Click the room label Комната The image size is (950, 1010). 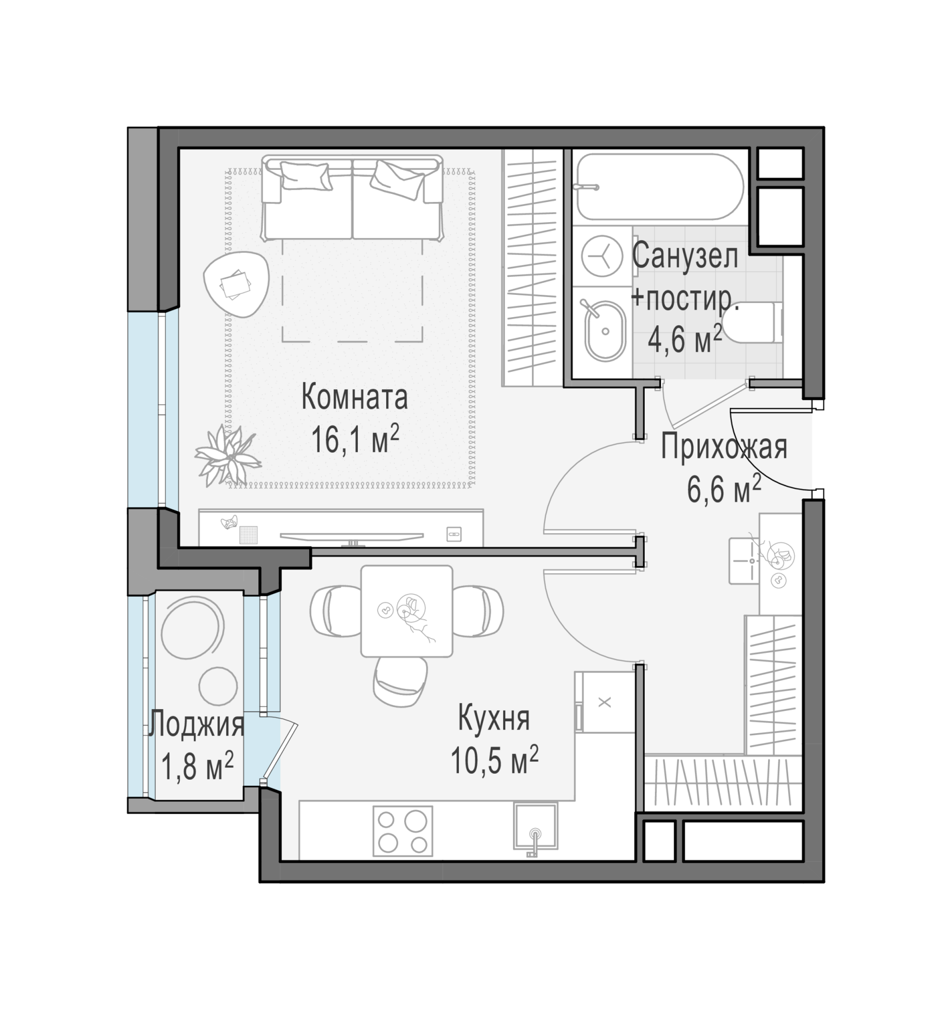(354, 397)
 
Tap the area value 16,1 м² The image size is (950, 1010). (355, 438)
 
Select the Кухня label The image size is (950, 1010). (494, 719)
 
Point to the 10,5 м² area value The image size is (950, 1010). (494, 760)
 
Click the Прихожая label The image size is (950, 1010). (724, 447)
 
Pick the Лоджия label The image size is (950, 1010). (196, 725)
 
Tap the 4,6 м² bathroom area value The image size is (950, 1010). (684, 339)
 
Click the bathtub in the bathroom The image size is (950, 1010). (660, 186)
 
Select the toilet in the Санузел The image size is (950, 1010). (752, 322)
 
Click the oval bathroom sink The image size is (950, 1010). (604, 331)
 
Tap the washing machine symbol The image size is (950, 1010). (602, 256)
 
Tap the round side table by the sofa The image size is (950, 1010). (236, 284)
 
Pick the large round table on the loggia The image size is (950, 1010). (193, 628)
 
